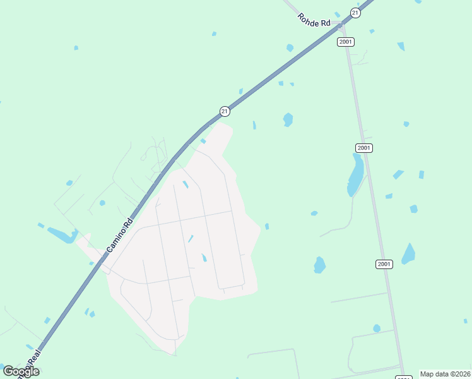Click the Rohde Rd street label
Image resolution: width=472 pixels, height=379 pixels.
click(x=314, y=20)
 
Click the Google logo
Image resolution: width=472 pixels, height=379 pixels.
click(x=21, y=371)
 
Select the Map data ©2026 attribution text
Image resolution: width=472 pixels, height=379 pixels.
click(x=445, y=374)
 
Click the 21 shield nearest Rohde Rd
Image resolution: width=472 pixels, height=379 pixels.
click(x=356, y=13)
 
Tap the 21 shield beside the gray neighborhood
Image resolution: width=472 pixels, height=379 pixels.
click(x=225, y=111)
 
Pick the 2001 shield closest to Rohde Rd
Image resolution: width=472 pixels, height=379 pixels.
click(x=345, y=42)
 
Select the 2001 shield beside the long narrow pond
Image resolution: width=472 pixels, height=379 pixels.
click(x=364, y=148)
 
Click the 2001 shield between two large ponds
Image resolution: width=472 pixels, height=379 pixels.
click(x=384, y=263)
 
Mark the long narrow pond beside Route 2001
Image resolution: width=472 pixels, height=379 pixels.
click(x=356, y=175)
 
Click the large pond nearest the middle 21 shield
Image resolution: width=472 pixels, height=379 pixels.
click(x=288, y=119)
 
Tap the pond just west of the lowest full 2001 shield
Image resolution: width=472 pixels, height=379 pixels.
click(x=319, y=265)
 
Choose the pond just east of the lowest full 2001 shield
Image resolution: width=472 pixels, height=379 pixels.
click(x=409, y=254)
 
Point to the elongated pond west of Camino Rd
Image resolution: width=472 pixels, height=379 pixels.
click(x=61, y=235)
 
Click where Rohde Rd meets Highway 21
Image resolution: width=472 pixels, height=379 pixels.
click(x=341, y=26)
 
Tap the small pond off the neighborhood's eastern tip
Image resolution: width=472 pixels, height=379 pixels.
click(x=267, y=226)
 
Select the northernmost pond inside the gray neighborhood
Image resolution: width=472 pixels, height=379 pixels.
click(x=186, y=184)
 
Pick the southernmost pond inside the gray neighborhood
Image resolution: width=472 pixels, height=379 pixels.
click(x=204, y=258)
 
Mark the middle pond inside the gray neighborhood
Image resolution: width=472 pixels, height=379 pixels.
click(x=191, y=239)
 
